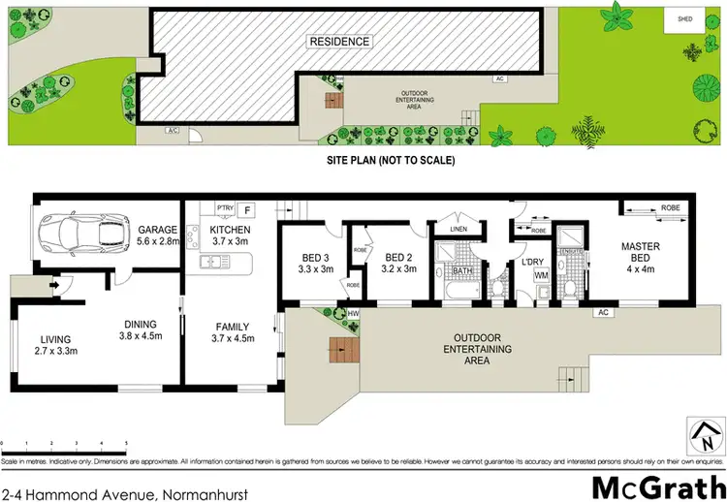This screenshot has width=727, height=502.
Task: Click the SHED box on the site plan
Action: [x=682, y=18]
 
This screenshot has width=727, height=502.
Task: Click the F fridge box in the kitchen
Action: [x=248, y=208]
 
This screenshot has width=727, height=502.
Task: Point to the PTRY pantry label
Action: [x=225, y=207]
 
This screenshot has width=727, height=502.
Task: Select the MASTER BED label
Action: [x=641, y=254]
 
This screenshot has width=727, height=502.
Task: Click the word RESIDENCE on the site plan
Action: [x=339, y=42]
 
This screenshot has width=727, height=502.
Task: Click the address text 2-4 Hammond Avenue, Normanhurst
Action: [x=124, y=493]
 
